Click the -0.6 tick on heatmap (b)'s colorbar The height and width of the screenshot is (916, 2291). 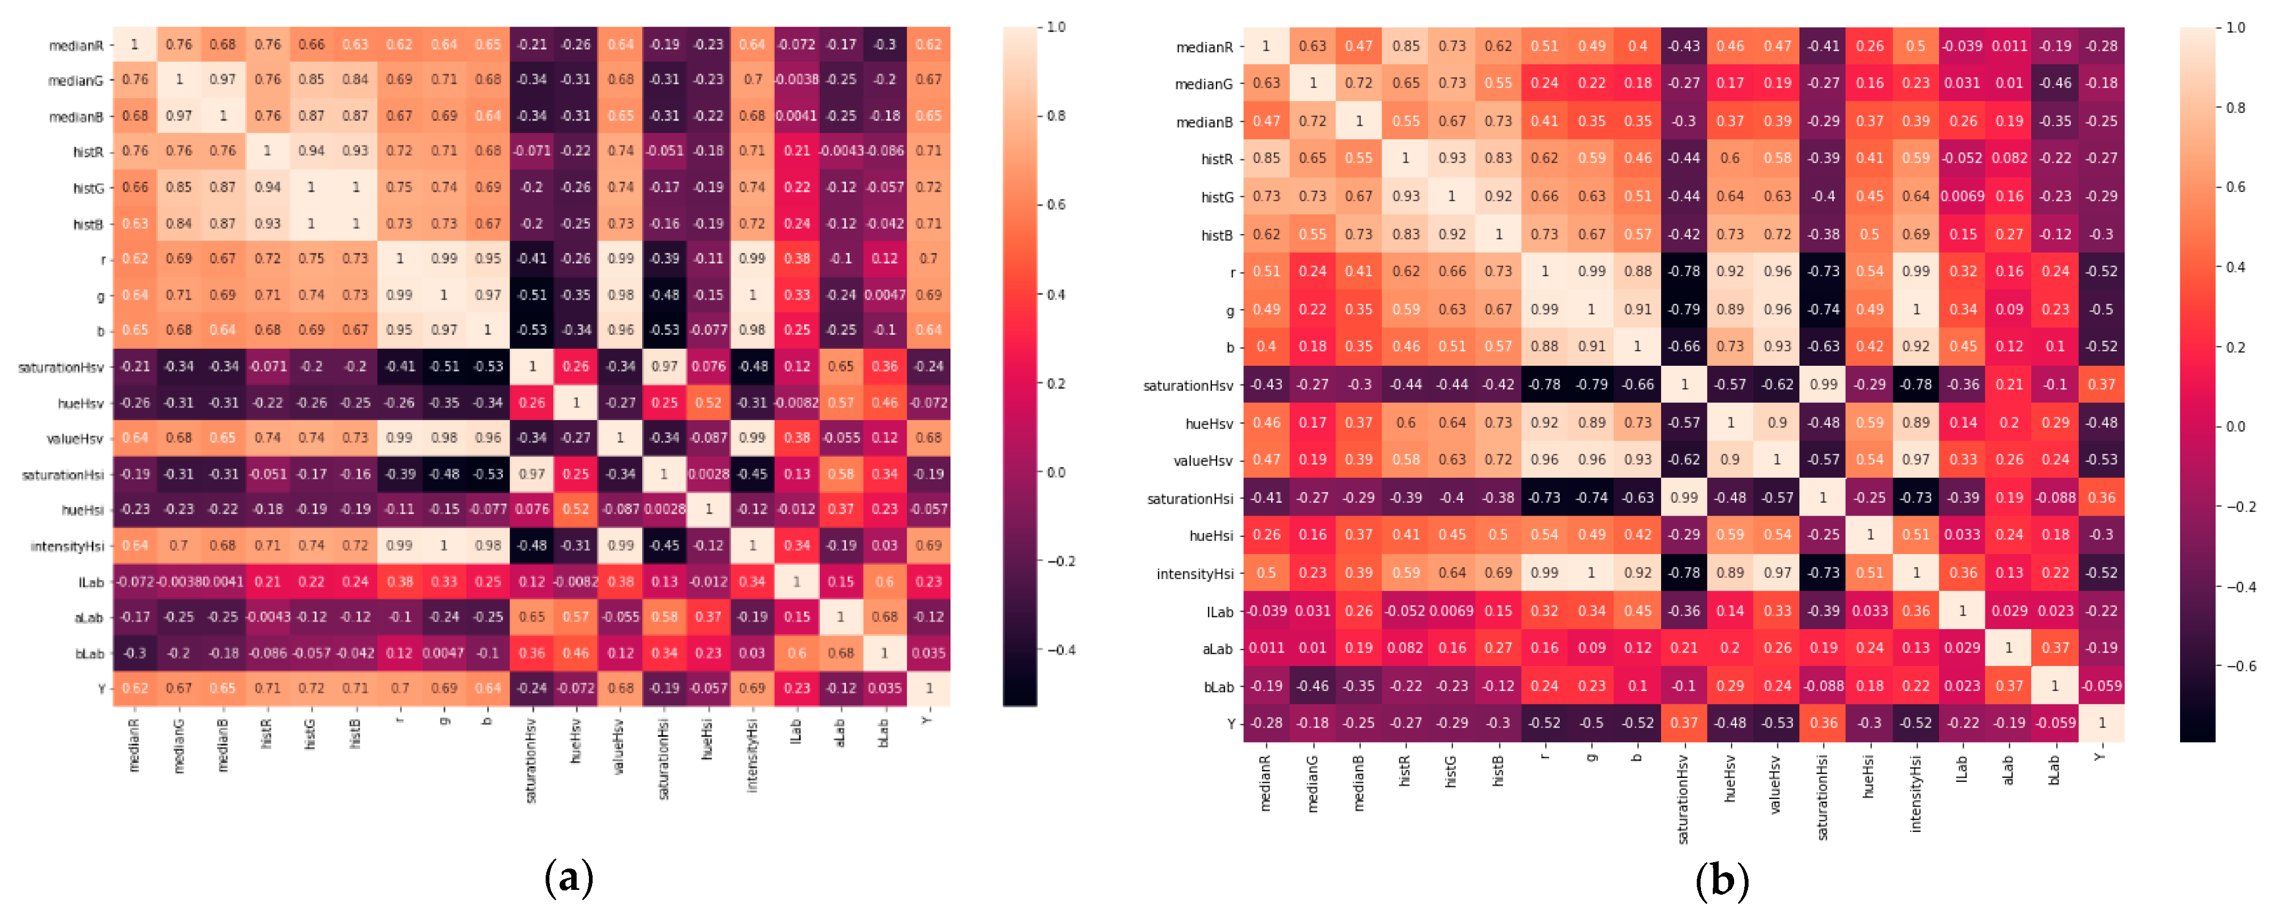tap(2239, 666)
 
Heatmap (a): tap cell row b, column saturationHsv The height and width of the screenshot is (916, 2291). tap(532, 330)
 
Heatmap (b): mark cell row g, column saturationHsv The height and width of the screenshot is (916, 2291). tap(1683, 309)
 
